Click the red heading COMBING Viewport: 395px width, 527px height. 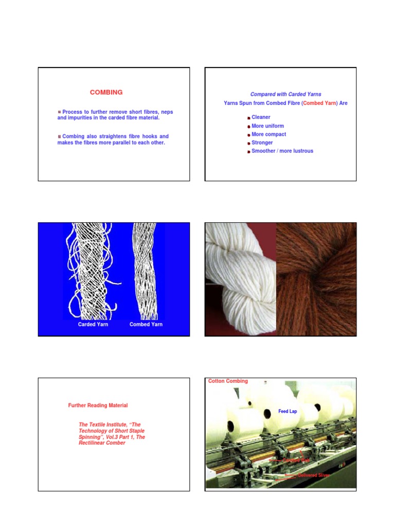(x=106, y=93)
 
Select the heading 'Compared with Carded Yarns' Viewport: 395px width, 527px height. (x=285, y=94)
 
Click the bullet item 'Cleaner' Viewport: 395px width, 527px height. (x=261, y=117)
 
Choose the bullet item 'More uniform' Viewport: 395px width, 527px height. (x=267, y=126)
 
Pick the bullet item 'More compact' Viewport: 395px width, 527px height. (x=268, y=134)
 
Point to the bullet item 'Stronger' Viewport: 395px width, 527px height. (x=262, y=143)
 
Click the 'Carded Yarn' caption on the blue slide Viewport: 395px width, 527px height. (x=93, y=325)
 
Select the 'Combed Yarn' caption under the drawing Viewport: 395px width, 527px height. (x=146, y=325)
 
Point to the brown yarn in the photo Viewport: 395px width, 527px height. (x=316, y=278)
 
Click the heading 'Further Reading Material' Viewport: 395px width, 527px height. (x=98, y=406)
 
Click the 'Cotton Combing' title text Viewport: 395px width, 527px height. (x=228, y=381)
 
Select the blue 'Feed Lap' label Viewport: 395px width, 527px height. (x=288, y=411)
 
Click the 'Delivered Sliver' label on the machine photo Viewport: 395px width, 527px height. (x=313, y=475)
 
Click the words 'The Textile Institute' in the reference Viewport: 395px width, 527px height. (x=101, y=425)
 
